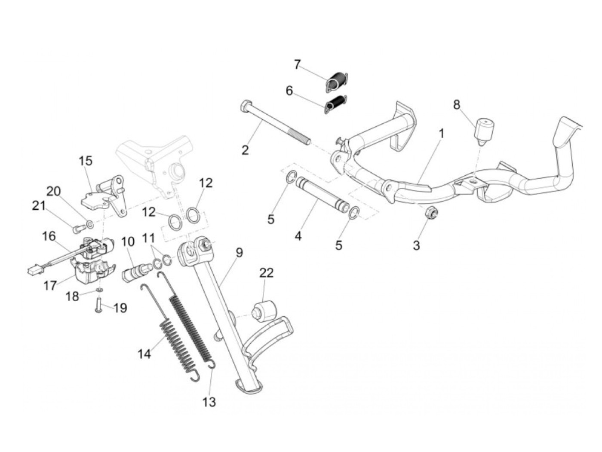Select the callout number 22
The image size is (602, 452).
[x=266, y=273]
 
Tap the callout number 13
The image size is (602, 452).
[x=209, y=402]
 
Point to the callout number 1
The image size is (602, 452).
[x=441, y=134]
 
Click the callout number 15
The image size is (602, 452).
[x=86, y=161]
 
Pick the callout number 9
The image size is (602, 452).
[x=239, y=253]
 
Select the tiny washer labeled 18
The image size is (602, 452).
[x=99, y=290]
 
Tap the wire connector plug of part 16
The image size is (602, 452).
[x=32, y=272]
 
